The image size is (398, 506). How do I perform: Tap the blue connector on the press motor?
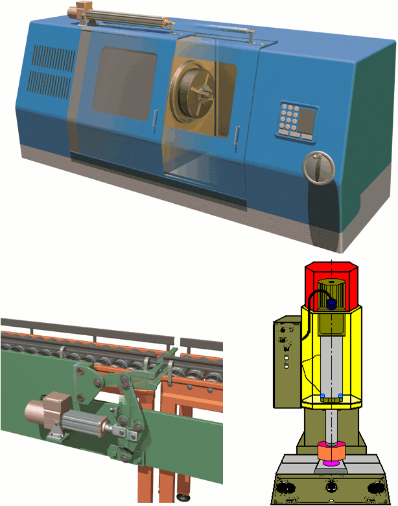coord(333,302)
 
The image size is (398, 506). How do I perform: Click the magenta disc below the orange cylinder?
coord(332,464)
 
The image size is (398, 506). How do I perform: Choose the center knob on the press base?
coord(332,486)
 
